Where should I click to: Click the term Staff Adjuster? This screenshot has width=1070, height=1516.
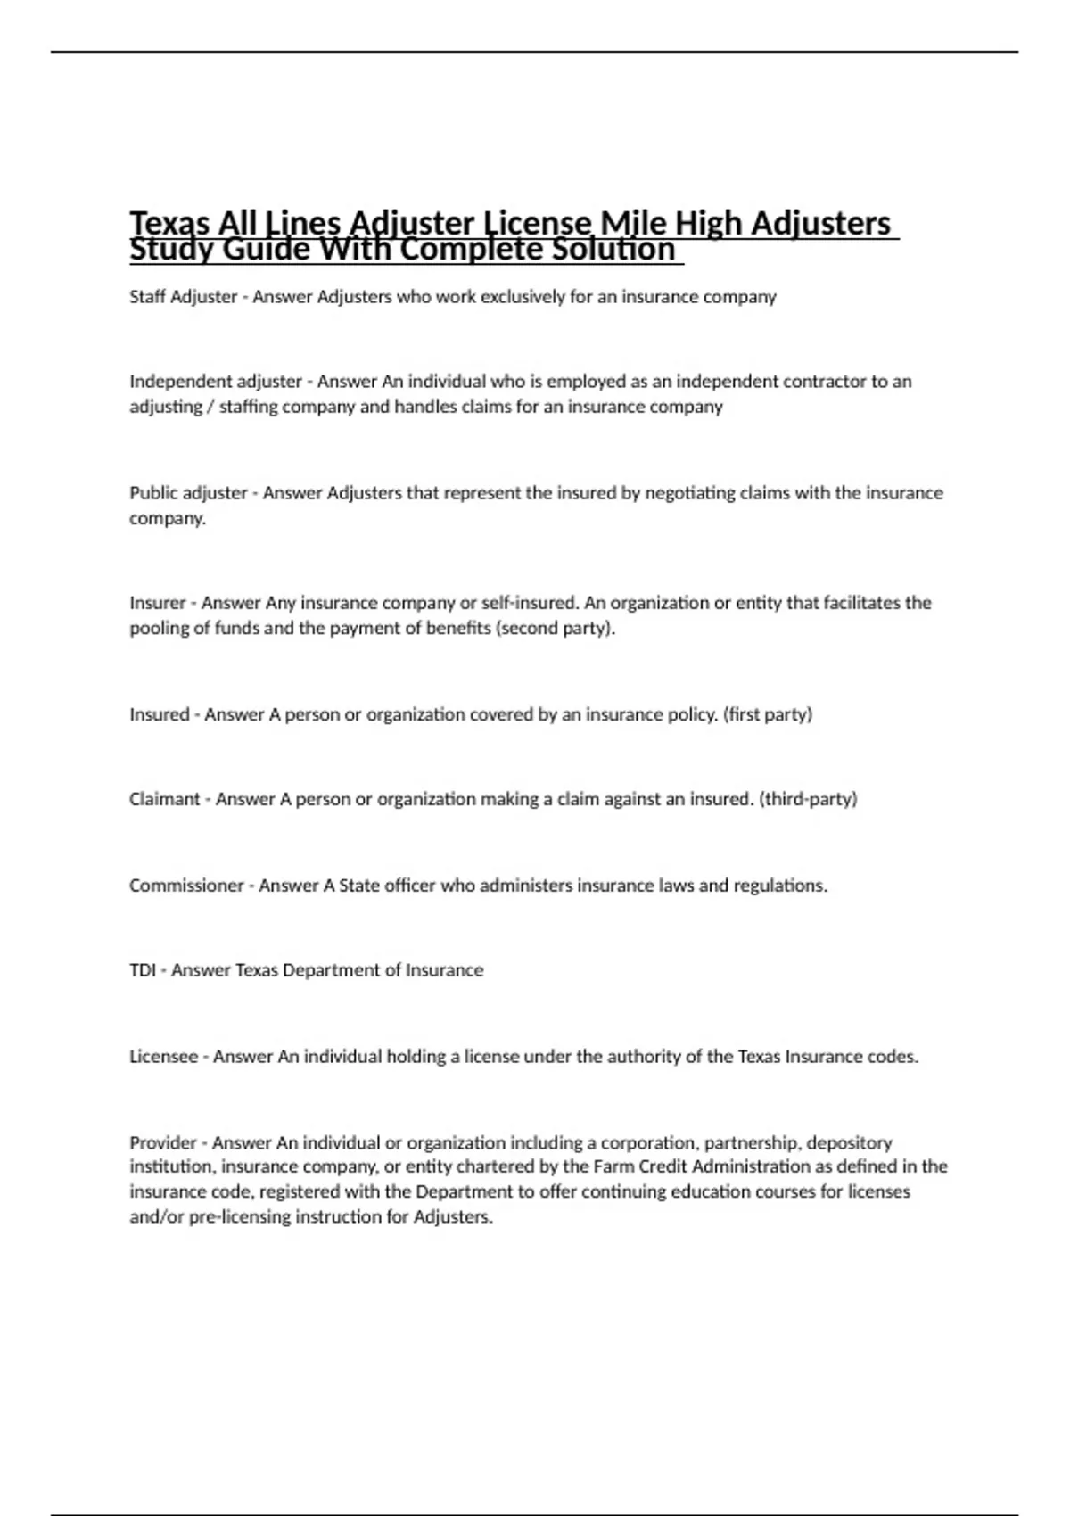183,297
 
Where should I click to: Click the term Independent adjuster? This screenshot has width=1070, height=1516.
216,382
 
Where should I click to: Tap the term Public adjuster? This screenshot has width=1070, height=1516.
188,493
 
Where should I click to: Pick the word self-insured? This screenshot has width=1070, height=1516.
530,603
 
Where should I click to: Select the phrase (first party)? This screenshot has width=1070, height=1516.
768,714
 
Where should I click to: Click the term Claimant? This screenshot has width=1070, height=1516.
164,799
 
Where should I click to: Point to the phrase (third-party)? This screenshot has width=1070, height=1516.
808,799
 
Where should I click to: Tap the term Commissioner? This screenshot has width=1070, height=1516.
186,886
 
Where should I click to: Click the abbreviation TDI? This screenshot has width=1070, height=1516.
143,970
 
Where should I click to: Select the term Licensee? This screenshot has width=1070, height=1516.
163,1057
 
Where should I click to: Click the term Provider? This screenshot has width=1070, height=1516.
163,1142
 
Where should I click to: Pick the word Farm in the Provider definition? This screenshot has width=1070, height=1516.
613,1166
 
